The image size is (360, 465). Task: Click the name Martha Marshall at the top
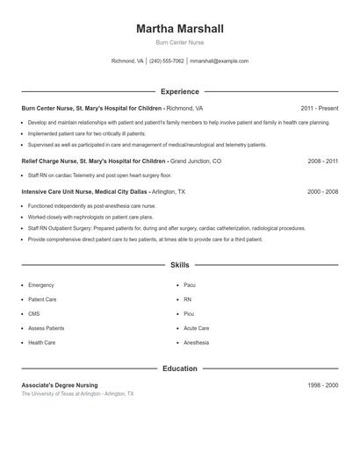[180, 29]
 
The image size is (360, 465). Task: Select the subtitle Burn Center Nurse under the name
[180, 43]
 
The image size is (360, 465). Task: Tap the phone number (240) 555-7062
[167, 61]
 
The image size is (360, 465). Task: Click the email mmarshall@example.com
[219, 61]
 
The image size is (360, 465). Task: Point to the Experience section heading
[180, 91]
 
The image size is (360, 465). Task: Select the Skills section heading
[180, 264]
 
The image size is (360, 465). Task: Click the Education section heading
[180, 368]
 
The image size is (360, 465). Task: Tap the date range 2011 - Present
[319, 108]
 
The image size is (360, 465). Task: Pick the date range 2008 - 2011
[322, 161]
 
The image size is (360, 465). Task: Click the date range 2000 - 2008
[322, 190]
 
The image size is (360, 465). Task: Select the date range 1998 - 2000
[322, 385]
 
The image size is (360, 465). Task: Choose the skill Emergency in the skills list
[41, 285]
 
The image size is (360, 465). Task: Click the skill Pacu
[190, 285]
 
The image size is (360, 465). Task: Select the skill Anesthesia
[197, 342]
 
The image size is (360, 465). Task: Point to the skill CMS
[34, 313]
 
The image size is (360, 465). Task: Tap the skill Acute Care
[197, 328]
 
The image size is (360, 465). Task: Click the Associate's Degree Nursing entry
[60, 385]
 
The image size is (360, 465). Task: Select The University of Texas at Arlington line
[77, 394]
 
